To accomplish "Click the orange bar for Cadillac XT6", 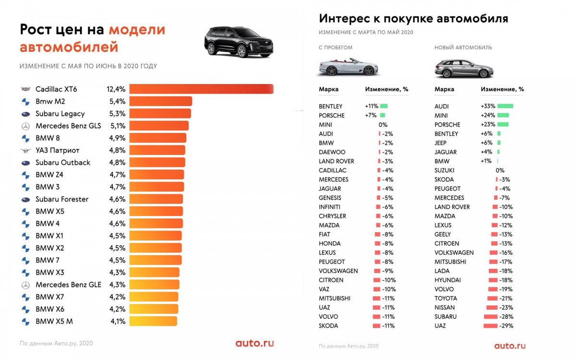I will [201, 89].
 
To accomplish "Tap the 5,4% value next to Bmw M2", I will [116, 101].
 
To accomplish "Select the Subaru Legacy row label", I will [60, 114].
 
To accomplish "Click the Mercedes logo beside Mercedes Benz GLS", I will [25, 126].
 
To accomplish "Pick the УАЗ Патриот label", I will [58, 150].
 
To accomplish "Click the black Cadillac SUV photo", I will [239, 42].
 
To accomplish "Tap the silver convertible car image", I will [348, 67].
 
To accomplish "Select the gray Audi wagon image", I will [464, 69].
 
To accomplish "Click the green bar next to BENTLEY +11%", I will [384, 106].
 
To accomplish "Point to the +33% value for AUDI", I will [488, 106].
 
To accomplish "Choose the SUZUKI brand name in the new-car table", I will [444, 170].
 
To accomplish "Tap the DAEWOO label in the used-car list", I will [332, 152].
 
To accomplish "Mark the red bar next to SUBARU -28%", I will [491, 317].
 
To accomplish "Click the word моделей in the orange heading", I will [137, 30].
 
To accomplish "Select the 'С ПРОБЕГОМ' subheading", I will [336, 48].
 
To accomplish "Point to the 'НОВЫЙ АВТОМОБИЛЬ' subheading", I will [463, 48].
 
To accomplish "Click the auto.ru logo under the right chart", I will [510, 346].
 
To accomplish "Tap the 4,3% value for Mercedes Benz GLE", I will [116, 285].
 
